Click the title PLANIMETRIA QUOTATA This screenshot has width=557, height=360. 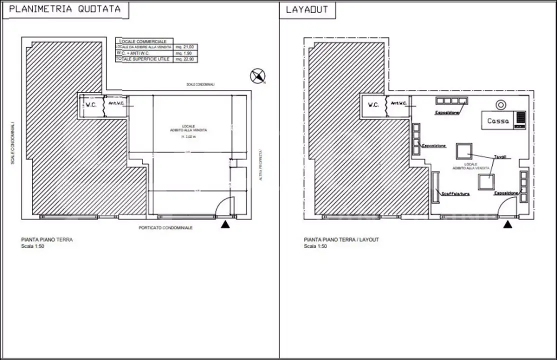[65, 9]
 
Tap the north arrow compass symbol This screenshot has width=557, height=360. [257, 76]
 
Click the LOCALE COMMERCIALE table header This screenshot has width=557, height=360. [143, 41]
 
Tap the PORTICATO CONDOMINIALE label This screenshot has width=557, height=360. [165, 227]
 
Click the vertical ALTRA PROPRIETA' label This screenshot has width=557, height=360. [260, 165]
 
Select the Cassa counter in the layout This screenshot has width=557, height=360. [498, 120]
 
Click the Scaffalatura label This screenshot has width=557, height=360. [455, 193]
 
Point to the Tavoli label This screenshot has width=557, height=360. [500, 156]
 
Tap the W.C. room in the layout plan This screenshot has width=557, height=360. [373, 105]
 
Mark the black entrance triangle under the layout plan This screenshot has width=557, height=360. [508, 225]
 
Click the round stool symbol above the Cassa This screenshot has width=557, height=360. [500, 104]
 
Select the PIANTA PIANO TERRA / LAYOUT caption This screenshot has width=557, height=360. [341, 240]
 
